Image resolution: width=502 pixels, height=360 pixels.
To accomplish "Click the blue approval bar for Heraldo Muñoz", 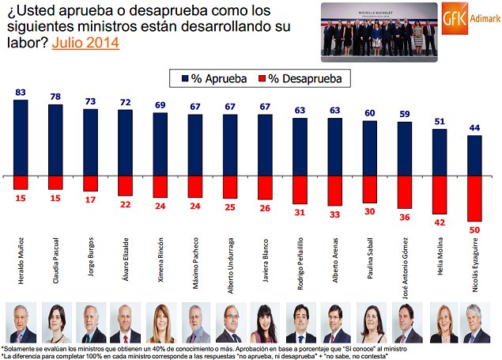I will (21, 136).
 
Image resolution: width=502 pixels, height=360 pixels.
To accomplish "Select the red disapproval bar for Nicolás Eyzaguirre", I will (474, 198).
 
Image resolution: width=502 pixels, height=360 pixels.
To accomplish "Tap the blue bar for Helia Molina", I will (440, 152).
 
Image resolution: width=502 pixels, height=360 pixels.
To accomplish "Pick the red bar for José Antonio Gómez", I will (405, 191).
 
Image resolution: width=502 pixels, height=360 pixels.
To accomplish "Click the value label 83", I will (21, 93).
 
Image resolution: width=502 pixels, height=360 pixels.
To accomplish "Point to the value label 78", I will (55, 97).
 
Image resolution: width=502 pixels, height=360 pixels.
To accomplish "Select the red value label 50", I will (474, 229).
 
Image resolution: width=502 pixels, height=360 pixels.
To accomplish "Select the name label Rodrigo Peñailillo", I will (301, 263).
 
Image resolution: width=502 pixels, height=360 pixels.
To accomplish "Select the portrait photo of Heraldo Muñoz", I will (21, 323).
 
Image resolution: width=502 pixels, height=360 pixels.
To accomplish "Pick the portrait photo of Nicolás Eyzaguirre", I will (474, 323).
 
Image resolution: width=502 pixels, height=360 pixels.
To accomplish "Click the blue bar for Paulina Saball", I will (371, 148).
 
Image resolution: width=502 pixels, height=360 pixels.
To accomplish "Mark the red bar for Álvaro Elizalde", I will (125, 185).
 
